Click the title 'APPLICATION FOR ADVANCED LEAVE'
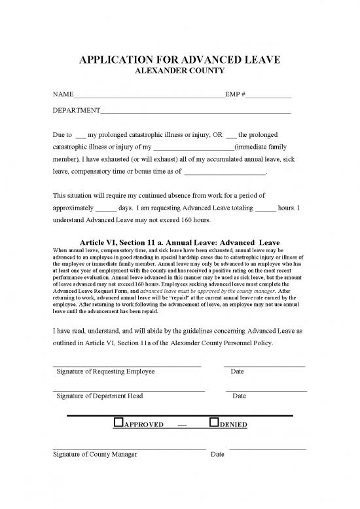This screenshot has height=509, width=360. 180,60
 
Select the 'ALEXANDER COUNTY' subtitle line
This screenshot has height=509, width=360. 180,71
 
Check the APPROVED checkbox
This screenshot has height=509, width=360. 119,423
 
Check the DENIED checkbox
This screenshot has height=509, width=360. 213,423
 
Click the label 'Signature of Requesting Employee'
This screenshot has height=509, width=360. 106,371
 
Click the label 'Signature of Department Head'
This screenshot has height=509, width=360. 99,396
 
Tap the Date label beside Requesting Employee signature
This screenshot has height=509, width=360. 238,371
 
